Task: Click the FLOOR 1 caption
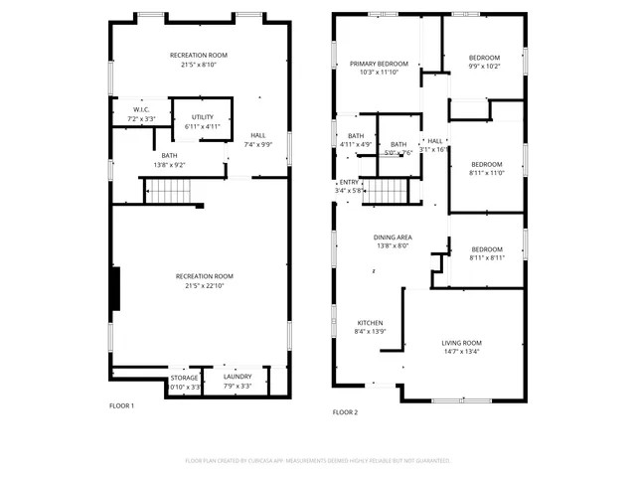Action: pos(121,405)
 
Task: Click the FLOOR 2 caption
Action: pos(345,411)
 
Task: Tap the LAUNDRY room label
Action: pos(238,377)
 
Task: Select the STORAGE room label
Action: pos(184,378)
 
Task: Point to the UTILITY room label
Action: pos(202,117)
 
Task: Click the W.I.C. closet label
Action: pos(141,109)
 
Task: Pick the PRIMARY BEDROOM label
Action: pos(379,63)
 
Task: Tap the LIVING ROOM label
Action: pos(461,343)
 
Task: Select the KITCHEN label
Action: pos(370,323)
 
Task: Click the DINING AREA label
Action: pos(393,237)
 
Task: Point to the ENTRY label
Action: pos(349,182)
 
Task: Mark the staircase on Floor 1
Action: pos(167,191)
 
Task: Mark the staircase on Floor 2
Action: pos(386,191)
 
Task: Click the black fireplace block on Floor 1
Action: pos(117,288)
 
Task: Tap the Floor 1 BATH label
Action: pos(169,155)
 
